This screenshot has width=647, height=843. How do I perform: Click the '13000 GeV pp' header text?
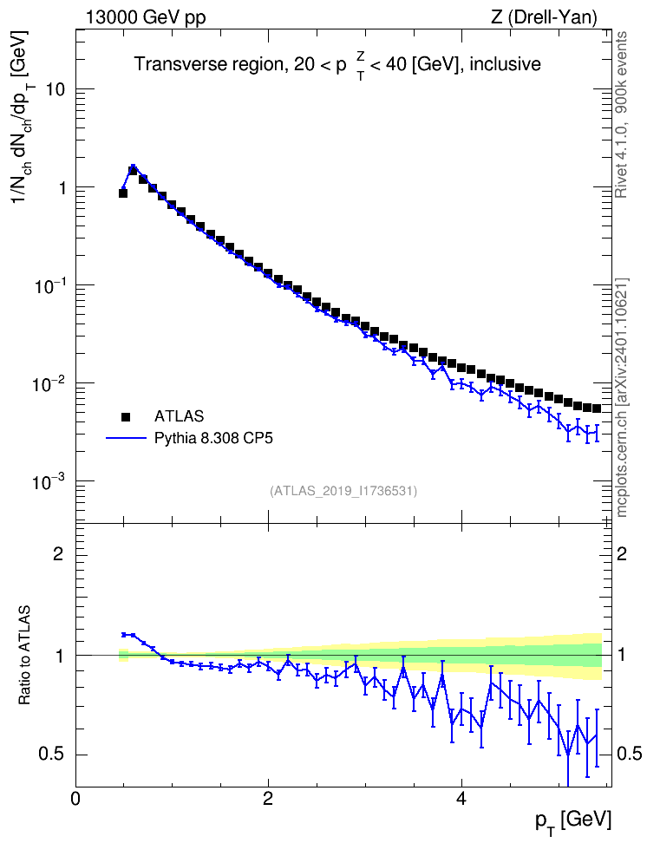(146, 17)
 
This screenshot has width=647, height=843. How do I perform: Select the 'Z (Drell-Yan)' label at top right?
(544, 17)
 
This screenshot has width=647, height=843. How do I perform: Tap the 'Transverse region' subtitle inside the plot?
(210, 64)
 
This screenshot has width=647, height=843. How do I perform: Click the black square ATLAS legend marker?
(126, 416)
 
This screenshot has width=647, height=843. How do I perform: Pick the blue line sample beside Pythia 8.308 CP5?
(126, 438)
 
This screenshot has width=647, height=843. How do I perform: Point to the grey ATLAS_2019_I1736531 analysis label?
(343, 491)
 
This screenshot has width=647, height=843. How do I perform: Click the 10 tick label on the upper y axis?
(56, 89)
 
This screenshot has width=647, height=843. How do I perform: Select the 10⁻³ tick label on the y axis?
(49, 480)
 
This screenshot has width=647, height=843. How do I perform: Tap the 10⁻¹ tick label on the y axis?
(49, 284)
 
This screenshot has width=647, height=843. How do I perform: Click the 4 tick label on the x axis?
(461, 798)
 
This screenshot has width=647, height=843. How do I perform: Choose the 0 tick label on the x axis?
(75, 798)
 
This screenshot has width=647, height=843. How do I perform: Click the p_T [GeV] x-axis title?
(573, 821)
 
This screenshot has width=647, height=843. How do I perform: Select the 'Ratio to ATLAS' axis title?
(25, 655)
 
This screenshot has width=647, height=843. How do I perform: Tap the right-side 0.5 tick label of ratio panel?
(629, 755)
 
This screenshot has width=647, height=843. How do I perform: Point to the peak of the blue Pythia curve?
(133, 167)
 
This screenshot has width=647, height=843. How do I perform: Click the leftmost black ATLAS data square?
(123, 193)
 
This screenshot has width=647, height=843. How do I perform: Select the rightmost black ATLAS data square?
(597, 408)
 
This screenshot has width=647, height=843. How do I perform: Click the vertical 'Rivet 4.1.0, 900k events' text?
(621, 114)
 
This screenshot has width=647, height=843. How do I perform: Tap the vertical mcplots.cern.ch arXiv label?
(621, 397)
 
